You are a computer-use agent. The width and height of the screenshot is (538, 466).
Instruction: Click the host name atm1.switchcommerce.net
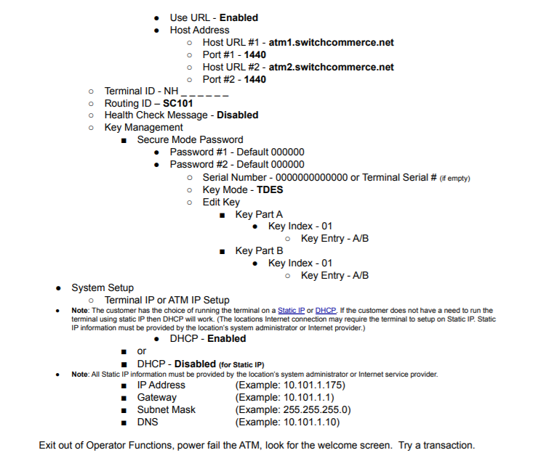332,42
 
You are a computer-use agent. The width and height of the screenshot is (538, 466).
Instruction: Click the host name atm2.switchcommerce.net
332,67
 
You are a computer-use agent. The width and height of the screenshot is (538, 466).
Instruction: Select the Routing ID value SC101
178,103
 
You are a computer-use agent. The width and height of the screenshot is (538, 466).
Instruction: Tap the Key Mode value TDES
270,189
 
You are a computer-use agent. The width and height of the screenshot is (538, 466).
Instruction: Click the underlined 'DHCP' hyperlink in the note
325,311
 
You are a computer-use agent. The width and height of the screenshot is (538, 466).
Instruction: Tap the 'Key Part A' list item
259,214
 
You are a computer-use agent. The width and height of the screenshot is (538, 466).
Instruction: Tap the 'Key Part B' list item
259,251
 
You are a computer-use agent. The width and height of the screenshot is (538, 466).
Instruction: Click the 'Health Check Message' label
156,115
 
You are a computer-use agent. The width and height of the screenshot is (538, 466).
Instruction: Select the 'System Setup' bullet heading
103,288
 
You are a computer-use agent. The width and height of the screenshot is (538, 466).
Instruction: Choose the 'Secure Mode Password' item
190,140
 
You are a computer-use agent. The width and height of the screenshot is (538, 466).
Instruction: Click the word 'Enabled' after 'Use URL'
238,17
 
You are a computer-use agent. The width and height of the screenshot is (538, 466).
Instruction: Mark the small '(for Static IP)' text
241,364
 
